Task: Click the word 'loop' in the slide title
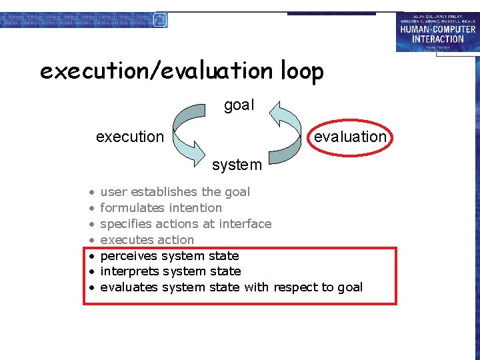pyautogui.click(x=298, y=71)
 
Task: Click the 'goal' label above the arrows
pyautogui.click(x=239, y=105)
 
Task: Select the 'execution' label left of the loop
pyautogui.click(x=129, y=137)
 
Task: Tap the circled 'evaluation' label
pyautogui.click(x=350, y=137)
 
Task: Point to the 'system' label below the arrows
pyautogui.click(x=237, y=164)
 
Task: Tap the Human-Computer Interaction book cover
pyautogui.click(x=437, y=31)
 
